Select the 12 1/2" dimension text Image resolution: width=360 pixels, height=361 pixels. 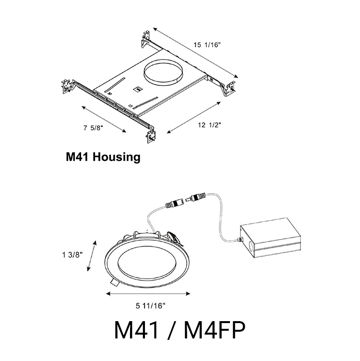(210, 125)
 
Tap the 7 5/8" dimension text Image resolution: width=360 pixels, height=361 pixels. (93, 128)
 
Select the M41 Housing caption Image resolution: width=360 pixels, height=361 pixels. (103, 157)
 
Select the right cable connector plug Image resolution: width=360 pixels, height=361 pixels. (197, 196)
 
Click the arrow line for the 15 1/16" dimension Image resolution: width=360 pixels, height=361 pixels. (195, 53)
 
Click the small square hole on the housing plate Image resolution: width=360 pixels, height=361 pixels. (136, 89)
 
